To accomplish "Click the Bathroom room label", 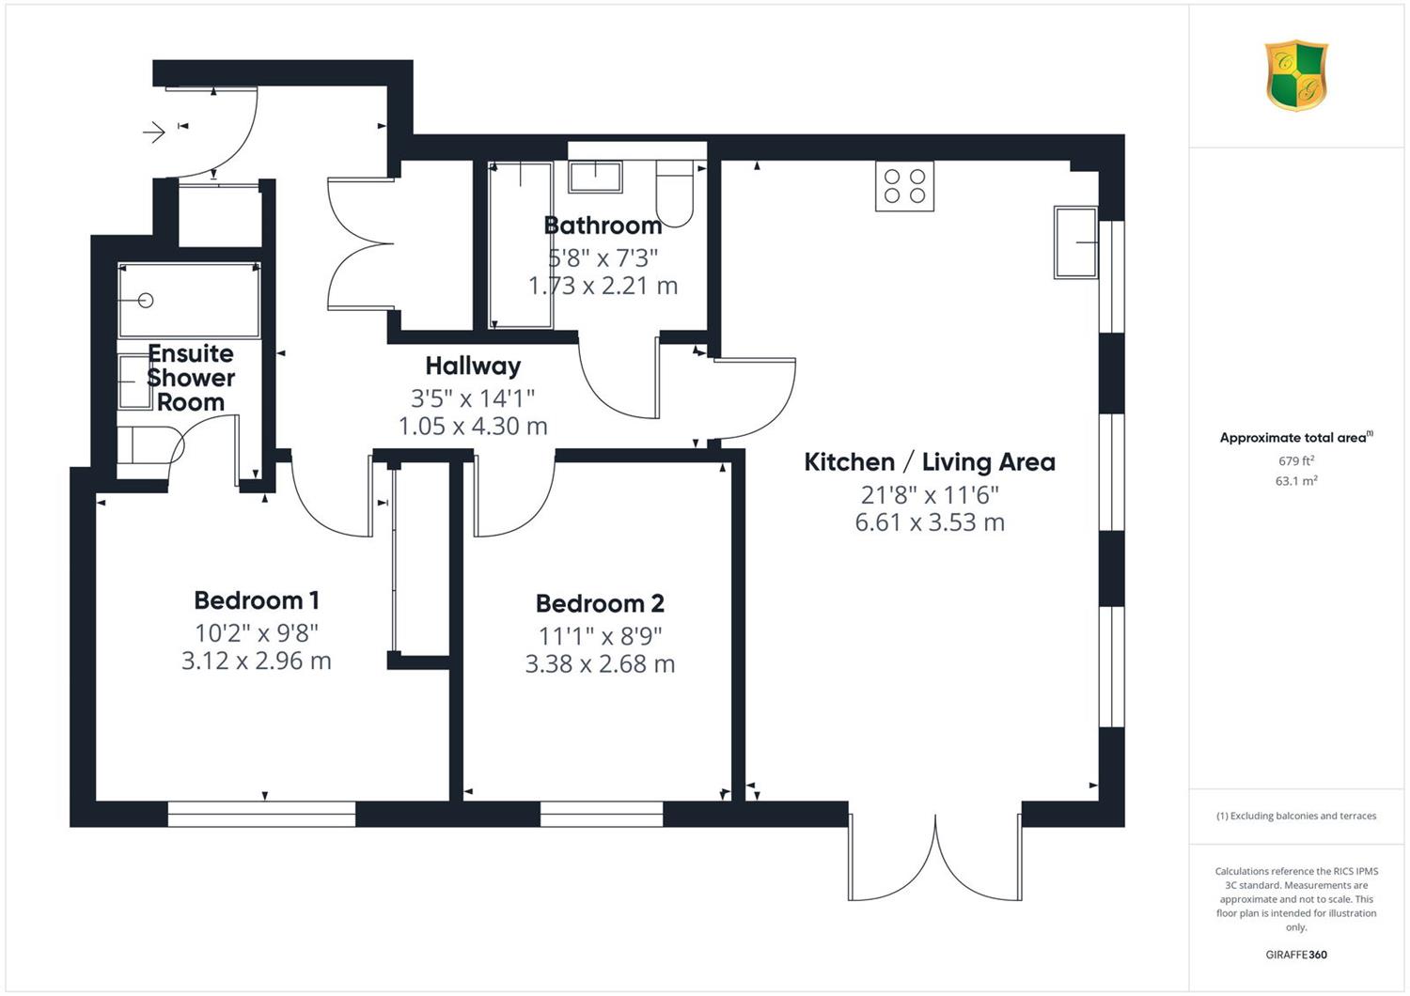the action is click(x=603, y=226).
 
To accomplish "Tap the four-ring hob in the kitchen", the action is click(x=904, y=186).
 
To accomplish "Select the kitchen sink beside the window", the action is click(x=1075, y=242).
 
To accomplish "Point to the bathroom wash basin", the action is click(x=595, y=176).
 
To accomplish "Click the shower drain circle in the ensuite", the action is click(x=146, y=301).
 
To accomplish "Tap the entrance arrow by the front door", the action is click(x=153, y=132).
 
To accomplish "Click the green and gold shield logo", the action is click(x=1296, y=75).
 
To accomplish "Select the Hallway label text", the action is click(x=473, y=366).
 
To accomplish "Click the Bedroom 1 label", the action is click(x=257, y=600).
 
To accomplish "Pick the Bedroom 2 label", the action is click(x=600, y=603).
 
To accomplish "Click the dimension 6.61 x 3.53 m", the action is click(x=929, y=522).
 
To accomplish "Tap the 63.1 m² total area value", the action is click(x=1296, y=481).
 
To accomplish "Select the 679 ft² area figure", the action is click(x=1296, y=460).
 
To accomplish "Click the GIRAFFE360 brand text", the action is click(x=1296, y=955).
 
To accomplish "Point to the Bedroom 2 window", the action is click(x=602, y=814).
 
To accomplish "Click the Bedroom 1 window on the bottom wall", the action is click(x=262, y=814).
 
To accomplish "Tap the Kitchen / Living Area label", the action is click(x=929, y=462).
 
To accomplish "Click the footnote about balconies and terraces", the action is click(x=1296, y=816).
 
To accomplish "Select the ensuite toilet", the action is click(x=149, y=445).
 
